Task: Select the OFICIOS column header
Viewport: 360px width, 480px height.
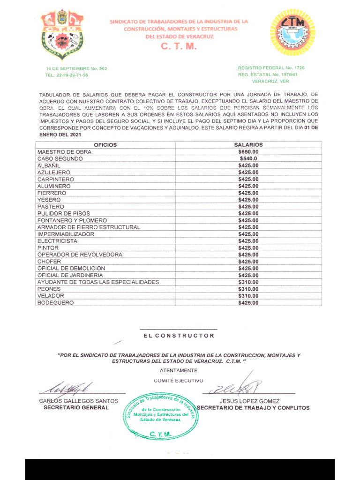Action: (x=105, y=145)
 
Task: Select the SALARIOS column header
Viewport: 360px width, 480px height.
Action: (x=248, y=145)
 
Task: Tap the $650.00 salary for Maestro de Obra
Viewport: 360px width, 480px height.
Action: (x=248, y=152)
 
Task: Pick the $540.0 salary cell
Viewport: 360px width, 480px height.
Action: (x=248, y=159)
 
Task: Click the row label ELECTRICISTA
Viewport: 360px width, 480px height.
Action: (x=58, y=241)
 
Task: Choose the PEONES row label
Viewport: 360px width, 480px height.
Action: (x=49, y=289)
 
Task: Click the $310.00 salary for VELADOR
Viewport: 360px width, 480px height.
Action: (x=248, y=296)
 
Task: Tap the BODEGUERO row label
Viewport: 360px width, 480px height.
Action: (x=56, y=303)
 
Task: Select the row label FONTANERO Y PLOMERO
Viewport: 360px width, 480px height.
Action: (x=72, y=220)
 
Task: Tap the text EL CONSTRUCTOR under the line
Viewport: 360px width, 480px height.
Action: (x=179, y=336)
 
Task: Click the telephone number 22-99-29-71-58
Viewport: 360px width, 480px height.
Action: (x=72, y=75)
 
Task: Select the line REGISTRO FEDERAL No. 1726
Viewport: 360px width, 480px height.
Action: (x=271, y=68)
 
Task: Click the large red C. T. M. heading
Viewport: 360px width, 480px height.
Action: (x=179, y=47)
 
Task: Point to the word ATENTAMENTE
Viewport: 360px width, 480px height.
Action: (x=179, y=370)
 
